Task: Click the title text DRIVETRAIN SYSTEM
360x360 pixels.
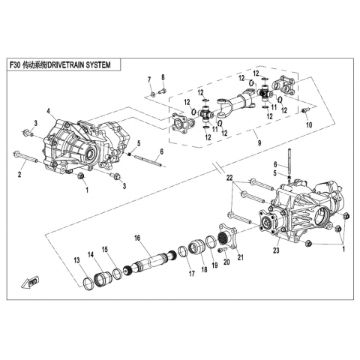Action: click(x=79, y=65)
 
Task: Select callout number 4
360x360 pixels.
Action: click(x=49, y=110)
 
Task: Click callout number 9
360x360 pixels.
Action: click(x=259, y=142)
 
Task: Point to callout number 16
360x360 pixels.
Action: click(x=137, y=238)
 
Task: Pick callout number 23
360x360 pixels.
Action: click(x=276, y=250)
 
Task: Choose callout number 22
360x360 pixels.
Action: click(x=229, y=178)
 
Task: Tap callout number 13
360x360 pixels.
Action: click(x=76, y=260)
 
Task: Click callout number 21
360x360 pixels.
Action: click(x=240, y=257)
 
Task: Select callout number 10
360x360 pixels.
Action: click(x=309, y=124)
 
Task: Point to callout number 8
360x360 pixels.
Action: click(x=163, y=77)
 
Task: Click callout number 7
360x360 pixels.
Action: click(x=149, y=79)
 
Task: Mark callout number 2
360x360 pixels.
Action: click(x=19, y=174)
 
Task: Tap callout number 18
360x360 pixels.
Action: click(x=204, y=270)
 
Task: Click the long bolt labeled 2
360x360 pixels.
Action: click(x=25, y=157)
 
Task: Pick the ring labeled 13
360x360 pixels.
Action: click(x=88, y=284)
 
